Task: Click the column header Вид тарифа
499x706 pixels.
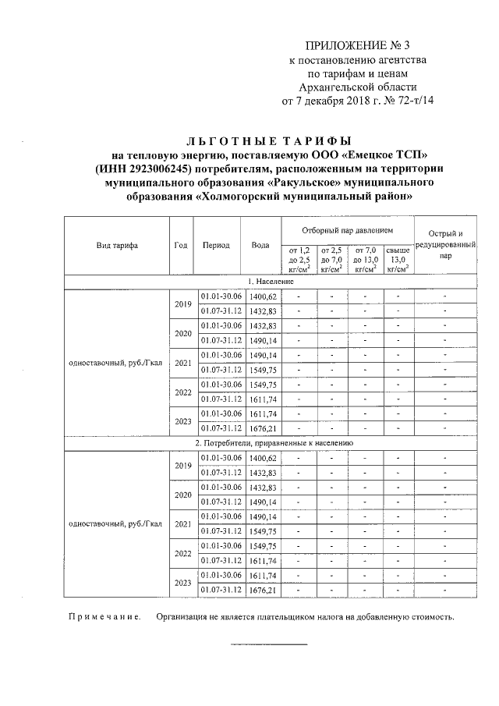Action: (x=117, y=244)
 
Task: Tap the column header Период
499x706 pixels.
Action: (x=216, y=244)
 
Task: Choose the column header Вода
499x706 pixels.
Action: (x=260, y=244)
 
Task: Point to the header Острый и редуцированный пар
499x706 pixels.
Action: (x=445, y=244)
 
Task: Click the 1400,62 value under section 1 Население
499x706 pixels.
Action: (x=261, y=296)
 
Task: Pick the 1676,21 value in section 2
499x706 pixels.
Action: (x=261, y=590)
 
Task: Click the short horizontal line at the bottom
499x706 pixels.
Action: (x=268, y=644)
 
